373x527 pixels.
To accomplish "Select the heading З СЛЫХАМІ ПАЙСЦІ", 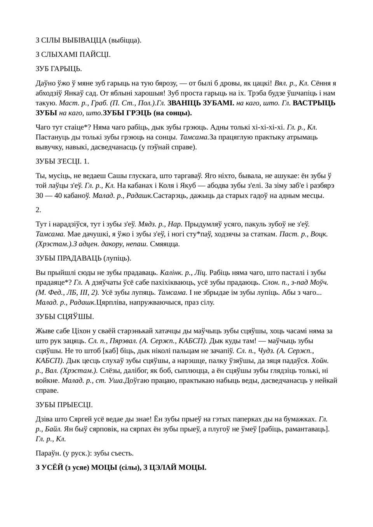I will click(73, 54).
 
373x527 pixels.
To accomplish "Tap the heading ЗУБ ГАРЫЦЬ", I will click(59, 69).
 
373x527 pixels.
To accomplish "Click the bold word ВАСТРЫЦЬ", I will click(314, 103).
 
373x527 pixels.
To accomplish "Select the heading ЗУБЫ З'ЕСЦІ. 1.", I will click(62, 161).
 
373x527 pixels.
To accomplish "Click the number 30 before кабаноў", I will click(39, 196).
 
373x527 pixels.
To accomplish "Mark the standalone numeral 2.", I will click(38, 210).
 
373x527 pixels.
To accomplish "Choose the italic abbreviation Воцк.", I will click(319, 234).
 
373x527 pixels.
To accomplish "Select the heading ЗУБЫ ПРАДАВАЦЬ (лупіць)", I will click(84, 258).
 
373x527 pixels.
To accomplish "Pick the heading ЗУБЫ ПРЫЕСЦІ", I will click(64, 405).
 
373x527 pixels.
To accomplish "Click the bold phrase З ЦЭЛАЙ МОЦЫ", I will click(175, 467).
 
